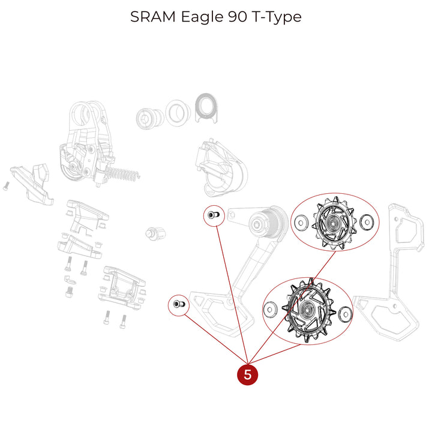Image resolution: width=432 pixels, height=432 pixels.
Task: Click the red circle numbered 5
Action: click(x=248, y=374)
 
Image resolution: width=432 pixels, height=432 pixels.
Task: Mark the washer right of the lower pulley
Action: click(x=344, y=313)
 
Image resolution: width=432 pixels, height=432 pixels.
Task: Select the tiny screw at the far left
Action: click(x=5, y=186)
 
